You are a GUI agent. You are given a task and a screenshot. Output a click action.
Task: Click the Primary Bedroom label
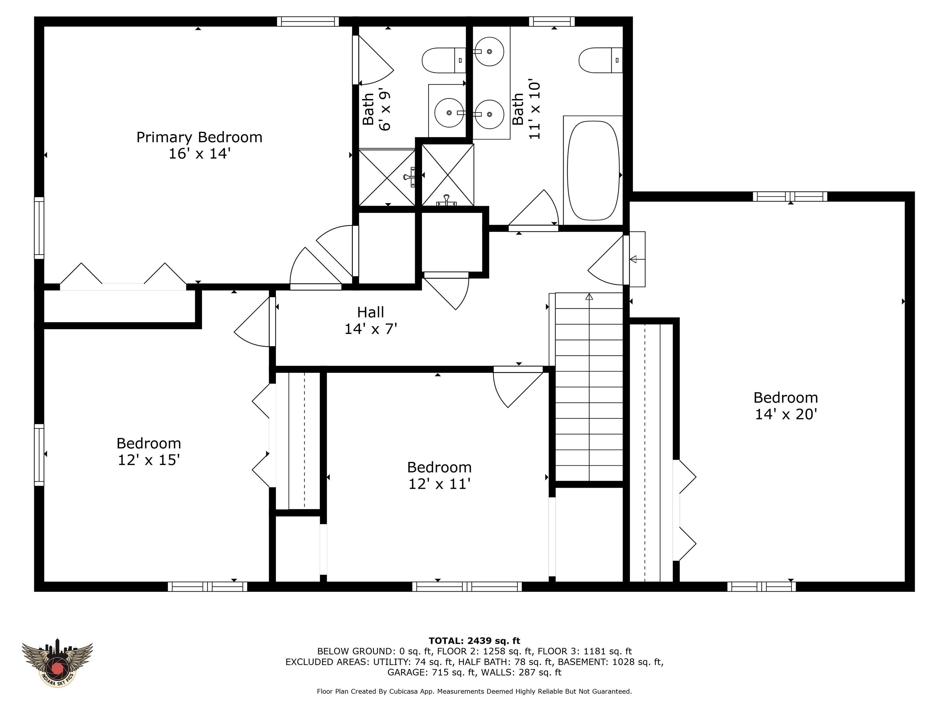[199, 137]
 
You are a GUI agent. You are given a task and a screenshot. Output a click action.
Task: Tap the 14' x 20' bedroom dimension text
[786, 414]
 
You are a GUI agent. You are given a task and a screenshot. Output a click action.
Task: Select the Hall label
[370, 312]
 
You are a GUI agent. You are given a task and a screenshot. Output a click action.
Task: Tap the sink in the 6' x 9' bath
[449, 113]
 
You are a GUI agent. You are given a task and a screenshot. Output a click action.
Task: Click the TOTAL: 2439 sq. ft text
[474, 641]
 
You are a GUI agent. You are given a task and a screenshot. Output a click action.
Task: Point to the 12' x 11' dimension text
[439, 484]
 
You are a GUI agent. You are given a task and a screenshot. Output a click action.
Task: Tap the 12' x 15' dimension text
[149, 460]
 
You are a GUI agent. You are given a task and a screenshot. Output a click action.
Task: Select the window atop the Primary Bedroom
[308, 21]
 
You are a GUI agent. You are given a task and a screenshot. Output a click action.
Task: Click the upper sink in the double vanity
[490, 52]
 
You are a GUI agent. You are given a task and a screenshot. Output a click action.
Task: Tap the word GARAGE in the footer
[407, 672]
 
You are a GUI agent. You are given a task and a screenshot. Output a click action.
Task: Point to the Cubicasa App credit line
[474, 691]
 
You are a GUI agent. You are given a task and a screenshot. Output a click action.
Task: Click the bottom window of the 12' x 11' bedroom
[467, 586]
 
